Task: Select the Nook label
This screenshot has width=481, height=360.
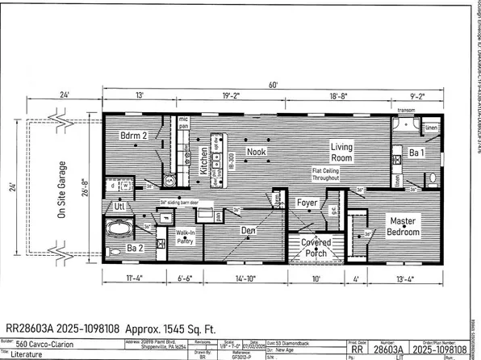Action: click(257, 151)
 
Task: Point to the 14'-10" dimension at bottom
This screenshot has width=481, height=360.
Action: click(246, 280)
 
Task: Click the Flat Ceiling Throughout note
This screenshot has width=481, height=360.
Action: click(331, 175)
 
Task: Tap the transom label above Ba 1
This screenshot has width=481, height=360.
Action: click(404, 111)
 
